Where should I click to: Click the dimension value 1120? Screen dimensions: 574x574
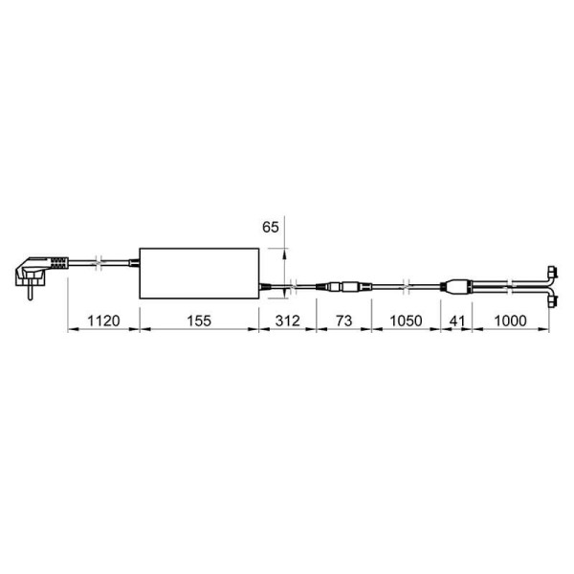(103, 321)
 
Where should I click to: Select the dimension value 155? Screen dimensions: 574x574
(199, 321)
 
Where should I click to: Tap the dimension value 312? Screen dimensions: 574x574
(288, 321)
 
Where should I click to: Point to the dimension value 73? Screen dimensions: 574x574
(343, 321)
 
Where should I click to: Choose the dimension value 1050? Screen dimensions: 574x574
(406, 321)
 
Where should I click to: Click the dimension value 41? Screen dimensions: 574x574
(457, 321)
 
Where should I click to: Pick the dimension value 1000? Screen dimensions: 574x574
(510, 321)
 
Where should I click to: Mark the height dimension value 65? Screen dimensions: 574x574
(271, 228)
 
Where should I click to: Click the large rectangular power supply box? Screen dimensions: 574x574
(200, 274)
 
